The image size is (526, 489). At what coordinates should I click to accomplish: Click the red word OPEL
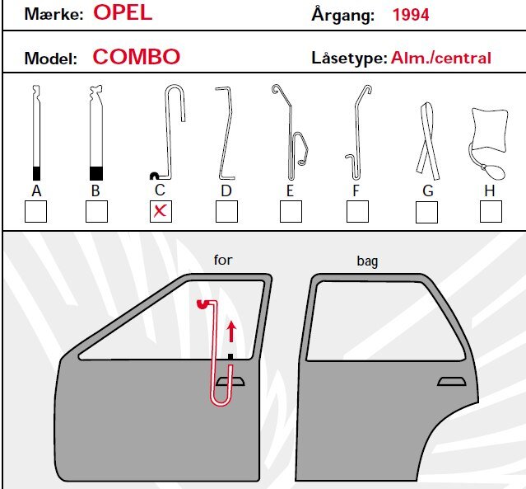[123, 13]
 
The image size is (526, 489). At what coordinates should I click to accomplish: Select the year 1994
[411, 15]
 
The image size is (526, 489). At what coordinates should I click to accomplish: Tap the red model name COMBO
[136, 57]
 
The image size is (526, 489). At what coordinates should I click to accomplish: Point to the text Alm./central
[440, 58]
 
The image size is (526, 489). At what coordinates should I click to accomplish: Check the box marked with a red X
[161, 211]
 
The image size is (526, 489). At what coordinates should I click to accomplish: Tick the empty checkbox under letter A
[35, 211]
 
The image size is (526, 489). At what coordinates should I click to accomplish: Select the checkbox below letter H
[491, 212]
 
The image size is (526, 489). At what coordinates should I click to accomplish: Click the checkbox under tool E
[291, 212]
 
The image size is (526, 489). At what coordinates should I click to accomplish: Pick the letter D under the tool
[226, 190]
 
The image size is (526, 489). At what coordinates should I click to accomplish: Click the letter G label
[428, 190]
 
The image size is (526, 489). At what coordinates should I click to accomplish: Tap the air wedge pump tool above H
[489, 143]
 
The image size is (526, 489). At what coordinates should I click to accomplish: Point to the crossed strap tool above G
[427, 141]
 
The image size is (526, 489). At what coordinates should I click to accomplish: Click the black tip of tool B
[96, 173]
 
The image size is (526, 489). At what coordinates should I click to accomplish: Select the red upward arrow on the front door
[231, 331]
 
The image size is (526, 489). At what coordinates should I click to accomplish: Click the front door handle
[230, 382]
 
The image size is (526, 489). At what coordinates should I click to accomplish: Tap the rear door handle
[452, 382]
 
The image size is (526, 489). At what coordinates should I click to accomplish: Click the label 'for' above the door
[223, 260]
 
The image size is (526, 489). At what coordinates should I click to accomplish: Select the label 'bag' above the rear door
[367, 261]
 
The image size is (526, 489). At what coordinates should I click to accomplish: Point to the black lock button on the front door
[230, 356]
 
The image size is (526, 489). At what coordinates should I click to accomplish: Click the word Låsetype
[349, 58]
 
